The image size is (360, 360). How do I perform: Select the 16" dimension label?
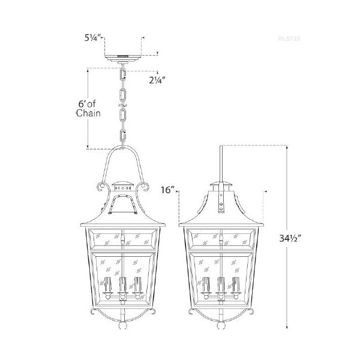click(167, 190)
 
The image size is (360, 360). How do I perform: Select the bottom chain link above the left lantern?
click(124, 136)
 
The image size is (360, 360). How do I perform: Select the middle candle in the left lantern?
click(123, 286)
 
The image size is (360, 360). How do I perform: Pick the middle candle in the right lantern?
click(222, 286)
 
